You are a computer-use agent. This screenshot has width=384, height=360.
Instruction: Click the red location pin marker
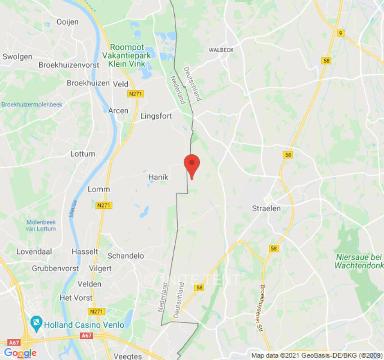192,165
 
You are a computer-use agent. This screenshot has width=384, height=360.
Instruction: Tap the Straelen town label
266,208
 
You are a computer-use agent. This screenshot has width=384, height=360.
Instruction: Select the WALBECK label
221,50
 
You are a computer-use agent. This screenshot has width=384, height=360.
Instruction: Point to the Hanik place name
158,177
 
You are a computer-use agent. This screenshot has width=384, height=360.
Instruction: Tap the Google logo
20,353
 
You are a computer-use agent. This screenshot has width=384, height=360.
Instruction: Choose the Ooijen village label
68,22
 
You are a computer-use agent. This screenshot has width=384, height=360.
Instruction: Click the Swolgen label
17,57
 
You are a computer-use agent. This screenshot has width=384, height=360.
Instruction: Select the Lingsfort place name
156,116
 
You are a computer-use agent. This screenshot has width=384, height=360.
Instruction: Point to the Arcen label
118,111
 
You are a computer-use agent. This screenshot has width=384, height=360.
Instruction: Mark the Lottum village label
82,154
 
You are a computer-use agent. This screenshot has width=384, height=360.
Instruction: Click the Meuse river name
73,209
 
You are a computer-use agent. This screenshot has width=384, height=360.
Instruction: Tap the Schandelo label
126,256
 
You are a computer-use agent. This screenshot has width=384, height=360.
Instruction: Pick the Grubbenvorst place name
55,268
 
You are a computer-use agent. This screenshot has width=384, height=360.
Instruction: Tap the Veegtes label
128,356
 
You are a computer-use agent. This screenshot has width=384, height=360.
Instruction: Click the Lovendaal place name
34,252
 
